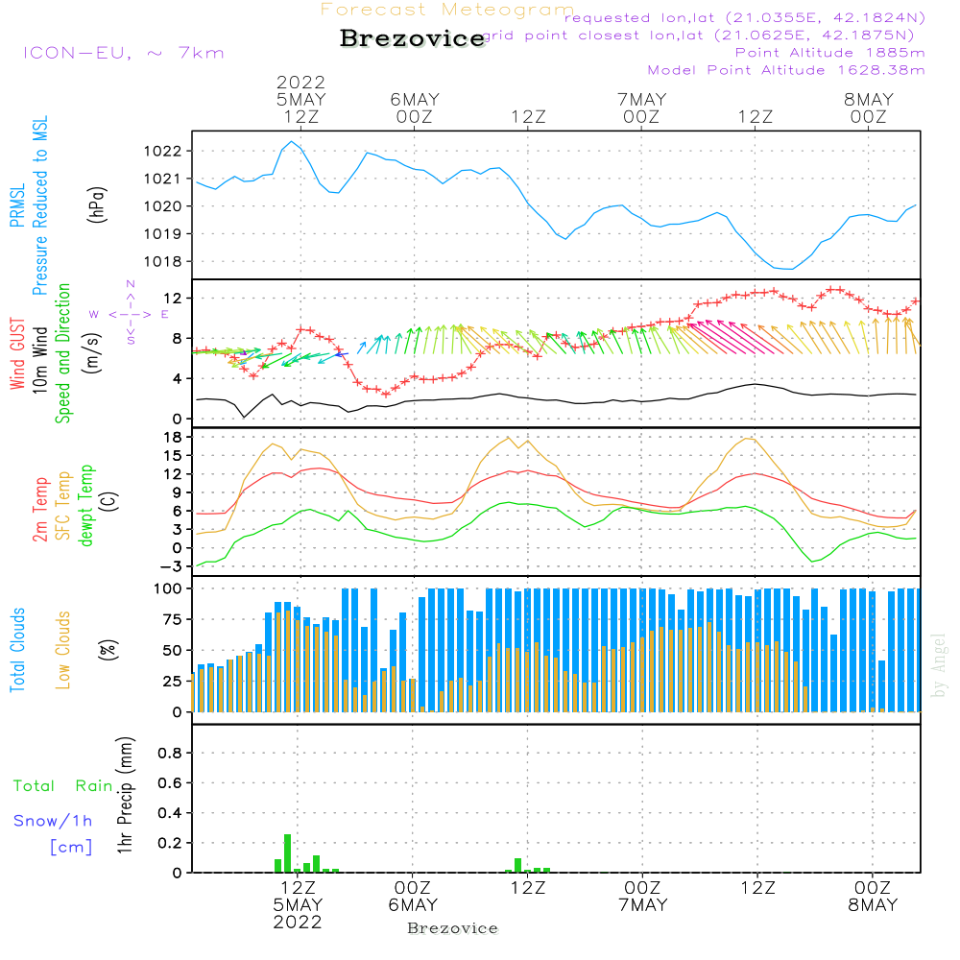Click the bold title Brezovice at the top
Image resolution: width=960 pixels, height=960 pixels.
pyautogui.click(x=413, y=38)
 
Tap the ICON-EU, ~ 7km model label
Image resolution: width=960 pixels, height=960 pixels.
pyautogui.click(x=123, y=52)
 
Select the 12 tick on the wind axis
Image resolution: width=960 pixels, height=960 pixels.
pyautogui.click(x=173, y=300)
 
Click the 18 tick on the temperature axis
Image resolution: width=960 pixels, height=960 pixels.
pyautogui.click(x=173, y=438)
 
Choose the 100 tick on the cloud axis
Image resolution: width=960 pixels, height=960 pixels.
pyautogui.click(x=169, y=588)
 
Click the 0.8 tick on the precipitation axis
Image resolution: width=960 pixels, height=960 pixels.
pyautogui.click(x=170, y=754)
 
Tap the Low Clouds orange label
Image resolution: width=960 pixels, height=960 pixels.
pyautogui.click(x=63, y=649)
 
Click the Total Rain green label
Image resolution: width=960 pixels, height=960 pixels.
pyautogui.click(x=62, y=786)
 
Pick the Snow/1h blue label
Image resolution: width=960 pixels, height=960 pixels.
pyautogui.click(x=54, y=821)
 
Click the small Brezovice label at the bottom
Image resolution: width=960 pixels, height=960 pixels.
pyautogui.click(x=452, y=928)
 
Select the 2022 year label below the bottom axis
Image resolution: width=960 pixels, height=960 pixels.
pyautogui.click(x=298, y=923)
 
